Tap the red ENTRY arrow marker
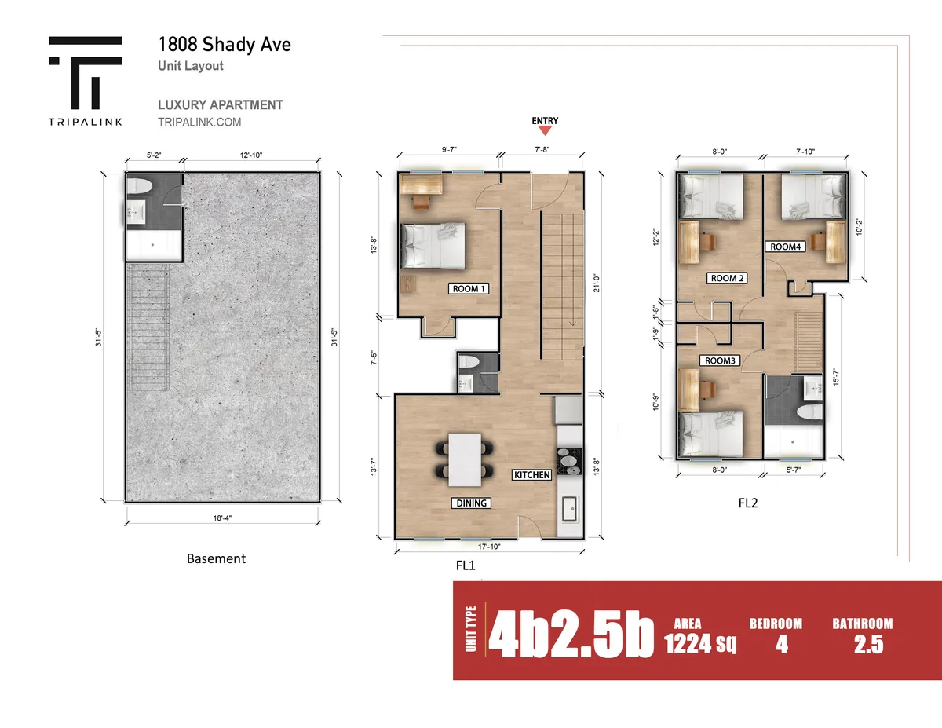point(545,130)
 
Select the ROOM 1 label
point(468,289)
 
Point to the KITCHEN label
point(532,475)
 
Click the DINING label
point(471,503)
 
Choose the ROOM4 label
point(785,247)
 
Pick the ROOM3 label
point(720,360)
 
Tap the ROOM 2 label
point(727,278)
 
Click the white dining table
point(465,459)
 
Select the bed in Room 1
point(433,246)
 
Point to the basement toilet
point(140,186)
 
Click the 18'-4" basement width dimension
point(222,518)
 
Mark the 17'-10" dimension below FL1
point(489,547)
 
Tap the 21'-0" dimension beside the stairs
point(597,284)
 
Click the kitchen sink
point(569,509)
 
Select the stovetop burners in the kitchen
point(570,462)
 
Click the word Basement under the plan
point(216,558)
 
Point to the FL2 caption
point(748,503)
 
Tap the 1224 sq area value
point(700,643)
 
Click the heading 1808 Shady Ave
point(225,44)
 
